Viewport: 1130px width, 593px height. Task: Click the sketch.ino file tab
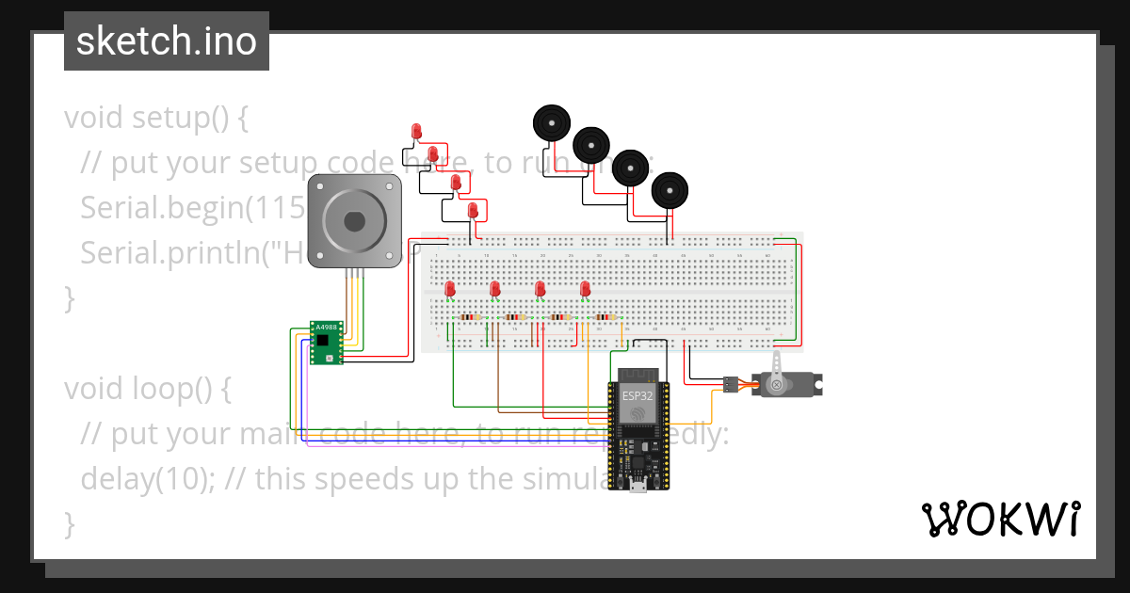tap(167, 41)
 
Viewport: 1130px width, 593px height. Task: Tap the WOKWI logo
tap(999, 519)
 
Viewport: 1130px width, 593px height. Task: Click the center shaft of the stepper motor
tap(354, 222)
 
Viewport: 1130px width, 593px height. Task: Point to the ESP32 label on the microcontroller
tap(637, 396)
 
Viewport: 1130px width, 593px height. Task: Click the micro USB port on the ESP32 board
tap(638, 486)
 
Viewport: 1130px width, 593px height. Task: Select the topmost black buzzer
tap(551, 123)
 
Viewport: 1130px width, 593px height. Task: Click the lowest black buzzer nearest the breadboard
tap(670, 191)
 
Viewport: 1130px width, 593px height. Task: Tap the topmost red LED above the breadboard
tap(416, 131)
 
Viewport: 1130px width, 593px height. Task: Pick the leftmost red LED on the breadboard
tap(450, 289)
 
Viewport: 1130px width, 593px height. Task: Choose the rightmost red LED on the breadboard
tap(585, 289)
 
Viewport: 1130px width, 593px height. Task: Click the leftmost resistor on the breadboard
tap(469, 318)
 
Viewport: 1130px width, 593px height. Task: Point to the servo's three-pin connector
tap(730, 384)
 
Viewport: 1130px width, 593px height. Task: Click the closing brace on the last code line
tap(69, 522)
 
